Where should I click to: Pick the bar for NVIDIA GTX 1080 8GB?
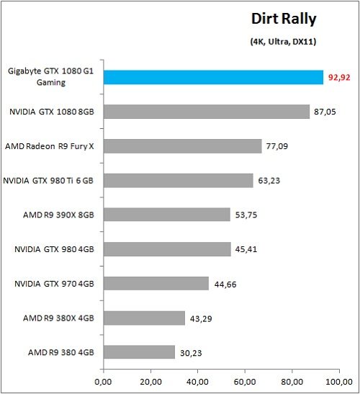206,112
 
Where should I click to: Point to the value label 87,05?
325,112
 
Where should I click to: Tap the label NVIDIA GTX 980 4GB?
53,249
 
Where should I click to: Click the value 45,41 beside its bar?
246,249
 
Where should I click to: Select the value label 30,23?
191,352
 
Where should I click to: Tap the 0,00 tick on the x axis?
104,380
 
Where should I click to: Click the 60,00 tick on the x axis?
246,380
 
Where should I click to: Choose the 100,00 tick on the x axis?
340,380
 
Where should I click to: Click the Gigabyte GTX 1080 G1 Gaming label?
46,77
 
